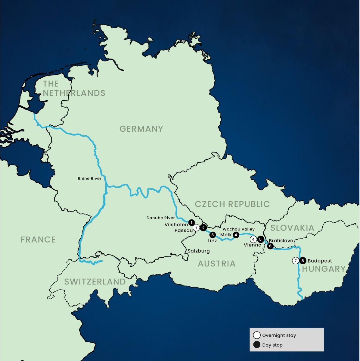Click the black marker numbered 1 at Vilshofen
tap(191, 223)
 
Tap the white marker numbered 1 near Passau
tap(196, 228)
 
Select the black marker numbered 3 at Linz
tap(213, 235)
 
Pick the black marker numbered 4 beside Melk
tap(236, 235)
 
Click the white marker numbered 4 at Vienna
tap(253, 240)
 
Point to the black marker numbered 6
tap(270, 246)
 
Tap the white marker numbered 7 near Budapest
tap(296, 261)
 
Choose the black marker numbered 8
tap(303, 261)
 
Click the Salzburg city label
tap(199, 251)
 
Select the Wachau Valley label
tap(239, 229)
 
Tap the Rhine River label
tap(89, 178)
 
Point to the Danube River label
tap(161, 218)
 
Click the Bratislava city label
tap(281, 241)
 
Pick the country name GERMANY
tap(141, 129)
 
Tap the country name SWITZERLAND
tap(95, 282)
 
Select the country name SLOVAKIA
tap(292, 228)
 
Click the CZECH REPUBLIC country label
tap(232, 204)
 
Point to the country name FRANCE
tap(38, 240)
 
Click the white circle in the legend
tap(257, 335)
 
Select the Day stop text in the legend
tap(272, 345)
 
